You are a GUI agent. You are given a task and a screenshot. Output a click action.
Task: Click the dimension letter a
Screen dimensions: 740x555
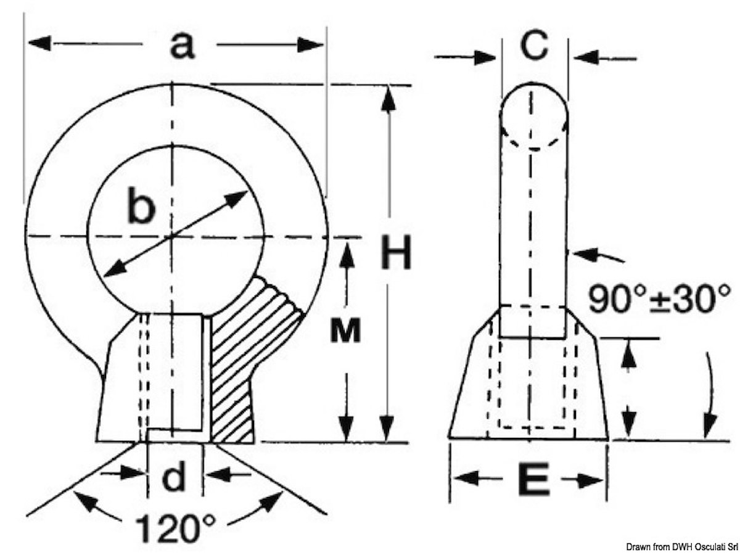tap(183, 46)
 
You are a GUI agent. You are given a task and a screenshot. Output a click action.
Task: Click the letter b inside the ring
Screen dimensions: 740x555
tap(142, 205)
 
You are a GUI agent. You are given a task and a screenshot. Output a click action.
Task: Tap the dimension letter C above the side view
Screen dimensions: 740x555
tap(534, 44)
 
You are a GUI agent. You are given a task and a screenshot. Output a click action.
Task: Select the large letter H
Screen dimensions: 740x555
tap(396, 252)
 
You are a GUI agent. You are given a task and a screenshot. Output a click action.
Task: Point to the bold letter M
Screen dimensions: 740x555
tap(345, 331)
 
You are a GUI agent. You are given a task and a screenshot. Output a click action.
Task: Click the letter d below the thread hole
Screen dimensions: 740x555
tap(174, 476)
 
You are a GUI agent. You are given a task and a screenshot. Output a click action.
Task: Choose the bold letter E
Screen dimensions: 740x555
tap(534, 479)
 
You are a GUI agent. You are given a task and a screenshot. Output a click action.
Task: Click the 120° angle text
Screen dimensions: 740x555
tap(175, 528)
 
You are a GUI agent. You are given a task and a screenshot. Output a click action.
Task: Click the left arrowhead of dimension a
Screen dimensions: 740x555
tap(39, 43)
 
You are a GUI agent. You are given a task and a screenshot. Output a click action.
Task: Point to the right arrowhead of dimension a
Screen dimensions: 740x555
tap(310, 45)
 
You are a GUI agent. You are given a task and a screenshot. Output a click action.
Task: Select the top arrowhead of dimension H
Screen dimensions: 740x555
tap(388, 98)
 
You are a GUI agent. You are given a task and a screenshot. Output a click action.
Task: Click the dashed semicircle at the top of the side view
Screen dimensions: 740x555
tap(533, 140)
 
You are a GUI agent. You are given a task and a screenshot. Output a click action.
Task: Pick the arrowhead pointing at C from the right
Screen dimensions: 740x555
tap(586, 57)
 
